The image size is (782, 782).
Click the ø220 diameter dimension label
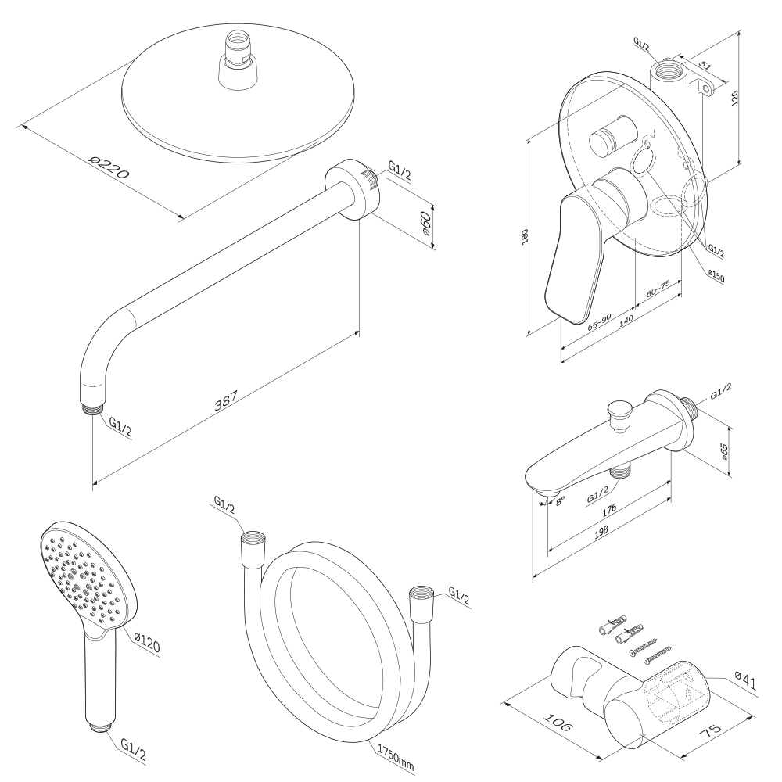tap(108, 169)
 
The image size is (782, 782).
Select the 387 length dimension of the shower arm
tap(227, 401)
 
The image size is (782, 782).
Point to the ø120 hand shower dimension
tap(147, 644)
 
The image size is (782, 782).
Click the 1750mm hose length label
tap(395, 755)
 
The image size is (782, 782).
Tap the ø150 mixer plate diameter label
tap(715, 274)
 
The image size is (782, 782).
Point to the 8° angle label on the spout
tap(560, 501)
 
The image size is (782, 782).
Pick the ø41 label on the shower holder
tap(745, 682)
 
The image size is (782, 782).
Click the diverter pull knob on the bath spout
tap(619, 411)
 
